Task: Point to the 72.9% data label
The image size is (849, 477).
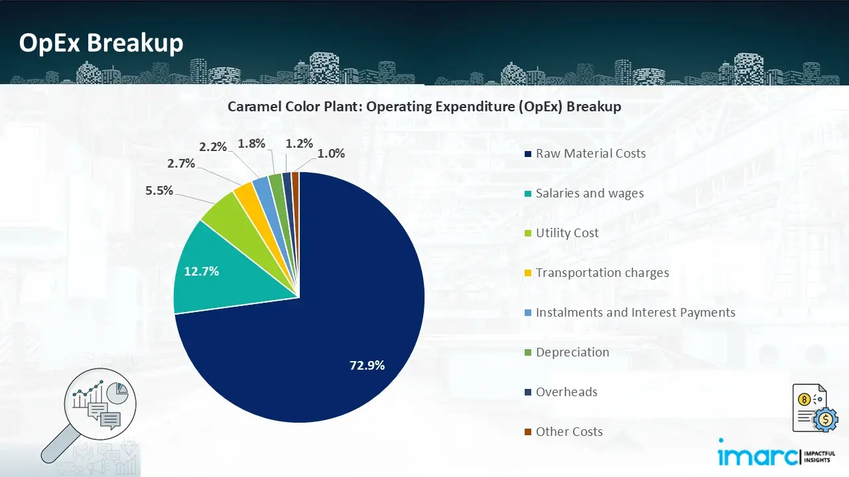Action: pyautogui.click(x=367, y=365)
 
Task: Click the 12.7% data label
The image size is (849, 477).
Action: pyautogui.click(x=202, y=271)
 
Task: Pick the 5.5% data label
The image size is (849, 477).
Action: pyautogui.click(x=159, y=191)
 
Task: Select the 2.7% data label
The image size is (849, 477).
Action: pyautogui.click(x=181, y=163)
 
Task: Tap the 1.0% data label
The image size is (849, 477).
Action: pyautogui.click(x=331, y=154)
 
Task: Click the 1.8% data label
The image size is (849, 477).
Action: pyautogui.click(x=251, y=144)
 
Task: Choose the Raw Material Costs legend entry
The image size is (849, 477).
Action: pyautogui.click(x=590, y=154)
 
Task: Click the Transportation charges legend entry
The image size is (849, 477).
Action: pyautogui.click(x=602, y=273)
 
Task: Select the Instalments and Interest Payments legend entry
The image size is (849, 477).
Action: pyautogui.click(x=635, y=313)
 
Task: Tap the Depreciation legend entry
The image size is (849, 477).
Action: pyautogui.click(x=572, y=352)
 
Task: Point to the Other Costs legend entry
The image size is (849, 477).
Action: pyautogui.click(x=569, y=432)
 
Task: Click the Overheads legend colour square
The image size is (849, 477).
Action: pyautogui.click(x=528, y=392)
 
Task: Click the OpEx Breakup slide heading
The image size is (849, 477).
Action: pyautogui.click(x=101, y=43)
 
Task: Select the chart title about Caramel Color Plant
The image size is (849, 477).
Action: pyautogui.click(x=424, y=107)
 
